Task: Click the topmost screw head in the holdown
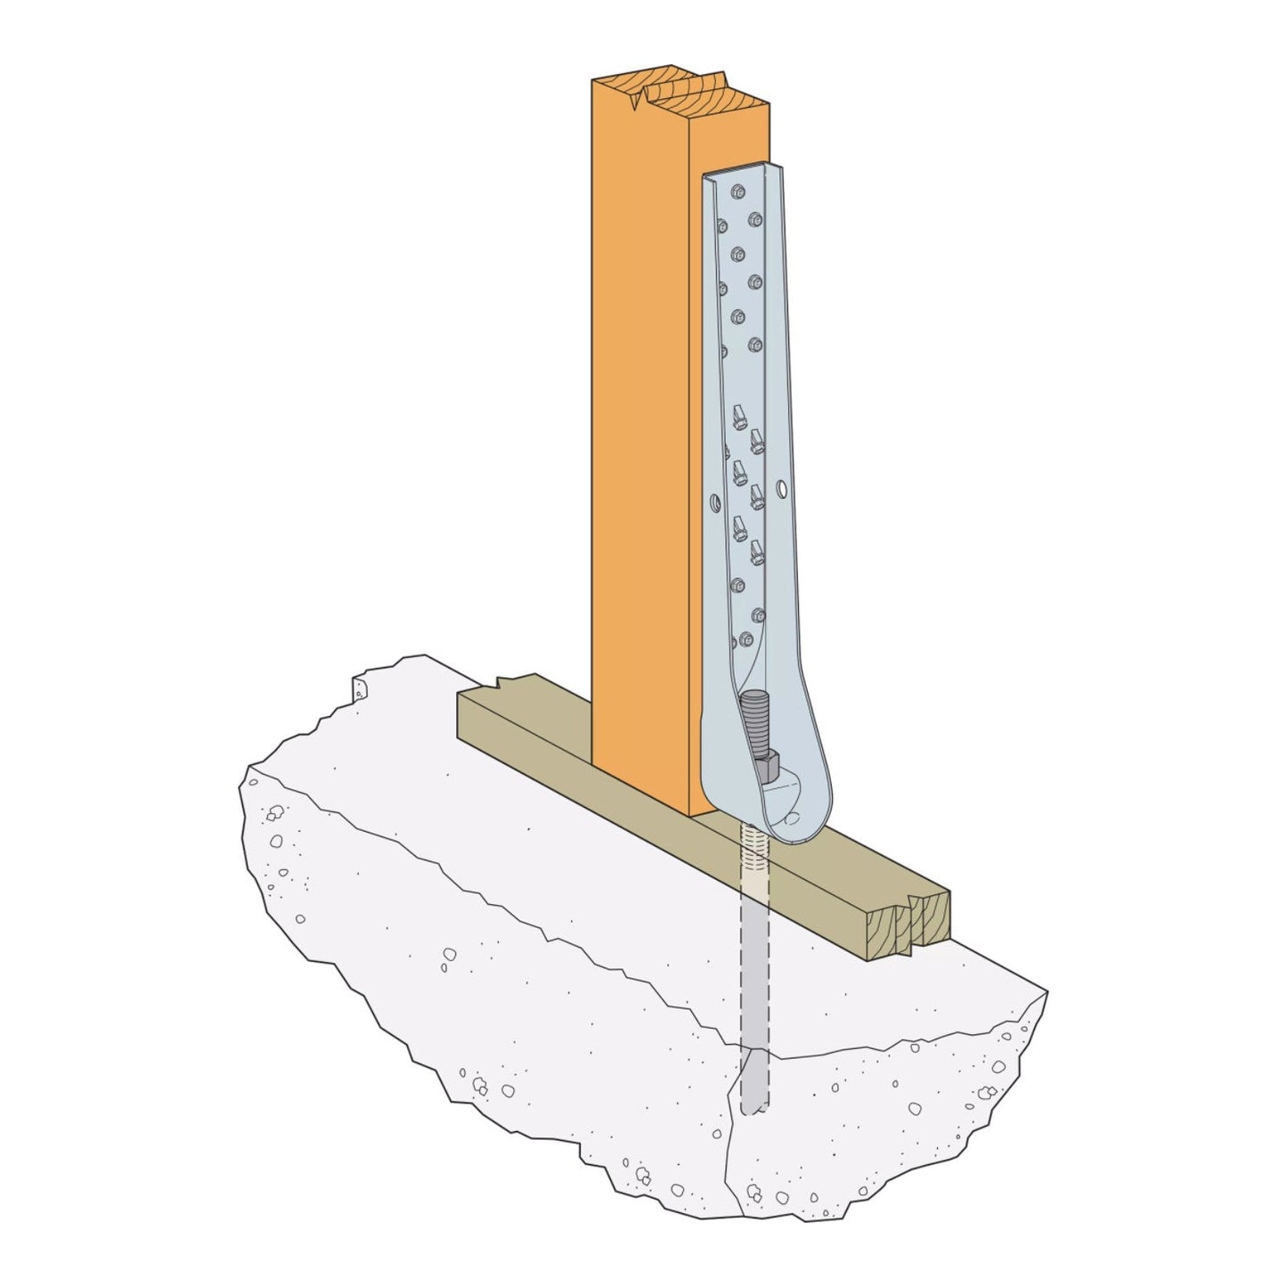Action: (736, 191)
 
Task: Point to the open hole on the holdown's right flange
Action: (781, 489)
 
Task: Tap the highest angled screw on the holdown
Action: (738, 416)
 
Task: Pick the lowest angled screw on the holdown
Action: (757, 551)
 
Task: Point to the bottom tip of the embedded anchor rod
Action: (753, 1109)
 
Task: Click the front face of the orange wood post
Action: (641, 445)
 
